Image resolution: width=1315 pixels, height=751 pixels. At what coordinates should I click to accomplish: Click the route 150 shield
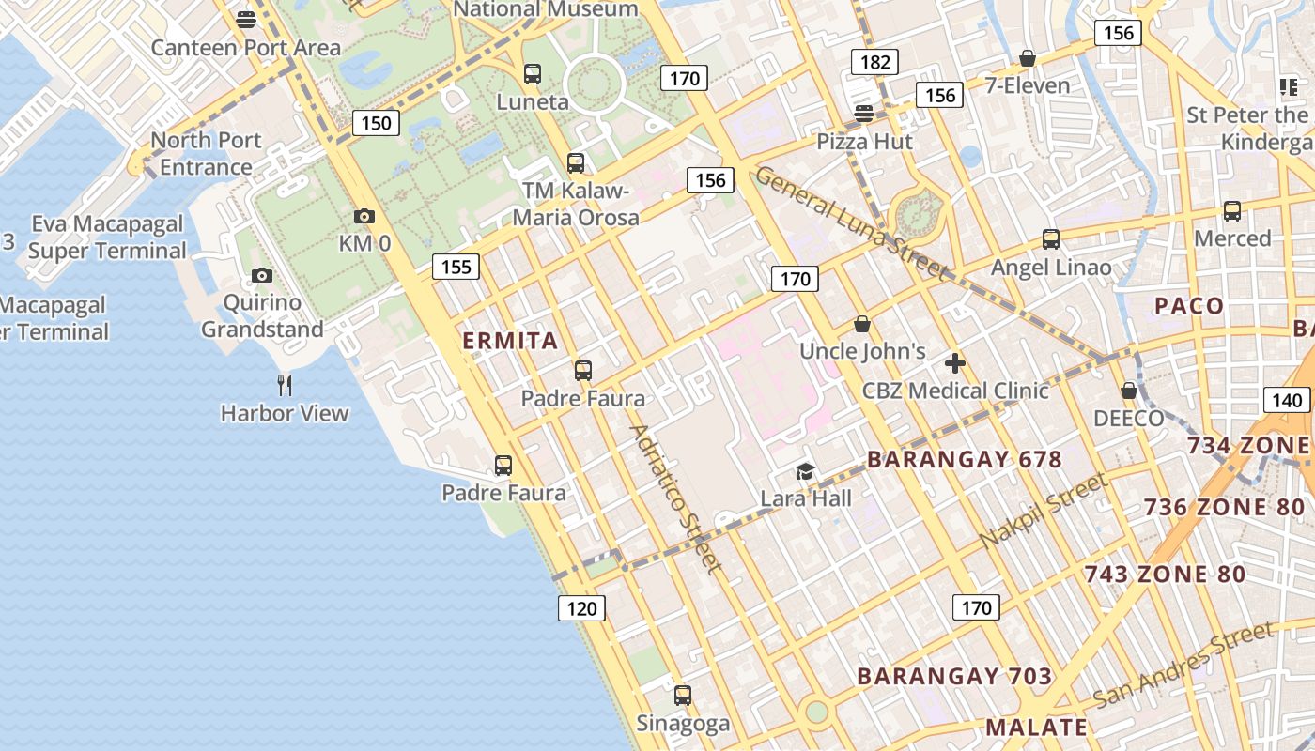coord(375,123)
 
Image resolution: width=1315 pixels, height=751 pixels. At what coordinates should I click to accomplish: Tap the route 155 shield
coord(456,267)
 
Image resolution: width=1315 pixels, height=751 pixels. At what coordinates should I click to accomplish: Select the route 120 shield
coord(581,608)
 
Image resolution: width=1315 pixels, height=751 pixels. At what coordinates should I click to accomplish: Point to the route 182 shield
coord(874,63)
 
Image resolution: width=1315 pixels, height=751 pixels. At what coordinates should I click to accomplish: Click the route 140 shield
coord(1286,400)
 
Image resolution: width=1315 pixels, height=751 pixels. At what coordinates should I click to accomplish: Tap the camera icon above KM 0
coord(364,217)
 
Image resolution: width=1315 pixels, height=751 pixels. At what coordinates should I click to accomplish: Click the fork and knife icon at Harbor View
coord(285,385)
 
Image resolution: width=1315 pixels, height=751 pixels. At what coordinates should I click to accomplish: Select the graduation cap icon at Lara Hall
coord(805,471)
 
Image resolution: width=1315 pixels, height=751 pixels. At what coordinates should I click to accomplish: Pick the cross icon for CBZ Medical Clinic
coord(955,363)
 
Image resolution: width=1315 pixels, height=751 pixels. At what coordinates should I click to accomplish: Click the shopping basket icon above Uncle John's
coord(862,325)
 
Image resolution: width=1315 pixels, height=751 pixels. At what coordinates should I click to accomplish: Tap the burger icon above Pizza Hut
coord(864,114)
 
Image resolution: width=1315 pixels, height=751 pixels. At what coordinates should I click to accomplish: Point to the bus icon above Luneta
coord(533,74)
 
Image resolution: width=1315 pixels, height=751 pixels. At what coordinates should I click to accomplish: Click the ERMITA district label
coord(511,341)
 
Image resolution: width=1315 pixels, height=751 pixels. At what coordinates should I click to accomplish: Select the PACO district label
coord(1189,306)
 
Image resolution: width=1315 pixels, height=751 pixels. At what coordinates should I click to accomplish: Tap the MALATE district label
coord(1036,727)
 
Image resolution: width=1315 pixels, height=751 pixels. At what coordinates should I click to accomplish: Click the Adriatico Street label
coord(676,498)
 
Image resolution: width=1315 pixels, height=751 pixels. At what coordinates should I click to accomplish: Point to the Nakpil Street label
coord(1044,513)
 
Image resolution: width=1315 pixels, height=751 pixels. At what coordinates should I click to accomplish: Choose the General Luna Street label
coord(851,223)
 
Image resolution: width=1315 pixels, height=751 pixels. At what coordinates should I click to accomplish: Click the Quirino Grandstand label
coord(262,316)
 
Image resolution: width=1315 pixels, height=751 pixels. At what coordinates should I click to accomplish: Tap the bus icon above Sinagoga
coord(683,697)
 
